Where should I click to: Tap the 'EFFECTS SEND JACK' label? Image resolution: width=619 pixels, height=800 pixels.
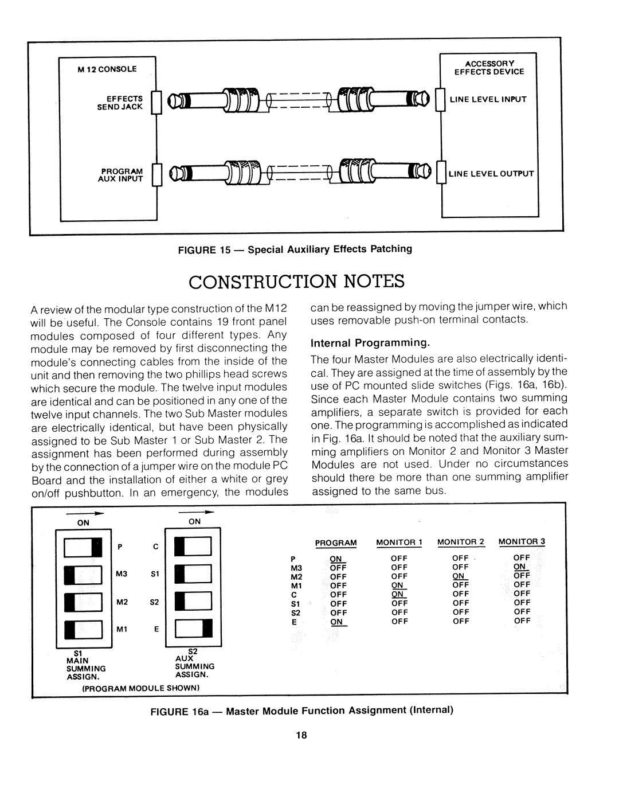(x=128, y=103)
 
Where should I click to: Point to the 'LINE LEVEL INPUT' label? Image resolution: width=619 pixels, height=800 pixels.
(x=488, y=99)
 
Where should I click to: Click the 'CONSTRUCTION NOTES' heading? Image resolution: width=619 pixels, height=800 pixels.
(x=296, y=282)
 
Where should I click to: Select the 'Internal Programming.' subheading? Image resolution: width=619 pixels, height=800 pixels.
(x=370, y=343)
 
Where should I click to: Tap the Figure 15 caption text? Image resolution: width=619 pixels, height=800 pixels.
(x=296, y=249)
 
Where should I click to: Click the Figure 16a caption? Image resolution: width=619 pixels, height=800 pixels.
(x=301, y=711)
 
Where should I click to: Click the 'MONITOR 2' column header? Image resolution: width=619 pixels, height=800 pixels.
(x=461, y=542)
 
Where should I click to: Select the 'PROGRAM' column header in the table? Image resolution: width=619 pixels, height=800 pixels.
(x=336, y=542)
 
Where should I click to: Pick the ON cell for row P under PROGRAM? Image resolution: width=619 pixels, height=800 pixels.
(x=335, y=558)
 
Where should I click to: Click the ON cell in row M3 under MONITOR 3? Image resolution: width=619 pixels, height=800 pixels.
(x=522, y=567)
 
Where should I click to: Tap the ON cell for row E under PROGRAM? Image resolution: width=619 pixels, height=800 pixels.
(x=336, y=622)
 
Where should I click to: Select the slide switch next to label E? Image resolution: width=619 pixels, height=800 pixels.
(x=195, y=630)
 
